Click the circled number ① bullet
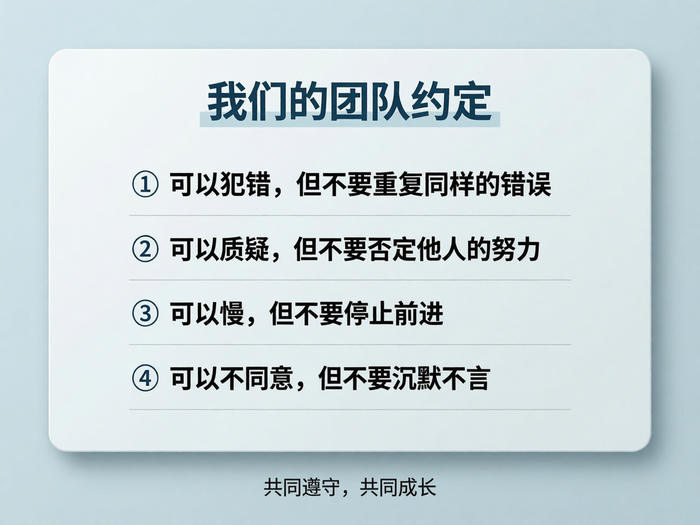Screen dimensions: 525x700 click(145, 184)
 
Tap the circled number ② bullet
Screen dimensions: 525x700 click(145, 249)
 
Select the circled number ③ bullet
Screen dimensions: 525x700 click(145, 313)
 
